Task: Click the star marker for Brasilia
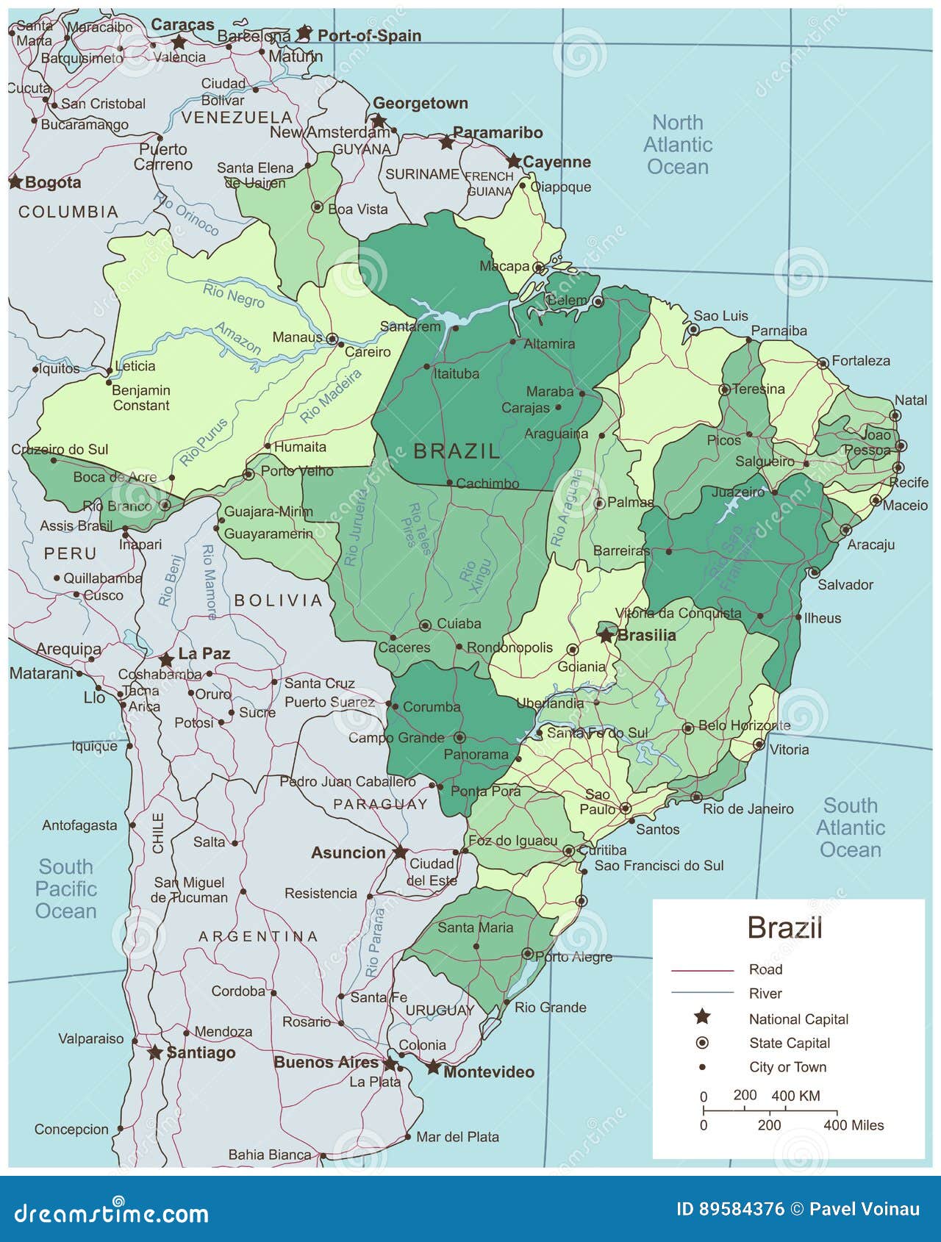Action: [x=605, y=635]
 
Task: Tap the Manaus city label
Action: [x=297, y=337]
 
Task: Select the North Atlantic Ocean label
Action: [x=677, y=145]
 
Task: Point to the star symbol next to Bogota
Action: [x=15, y=182]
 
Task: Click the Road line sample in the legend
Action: [x=702, y=971]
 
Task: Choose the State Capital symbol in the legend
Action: [x=702, y=1043]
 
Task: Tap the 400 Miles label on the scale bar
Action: [x=854, y=1125]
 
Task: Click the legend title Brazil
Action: [x=784, y=927]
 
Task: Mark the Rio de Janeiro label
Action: [x=748, y=809]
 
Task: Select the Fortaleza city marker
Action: [x=823, y=362]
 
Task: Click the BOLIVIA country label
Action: [x=279, y=600]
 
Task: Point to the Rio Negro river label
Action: [x=234, y=295]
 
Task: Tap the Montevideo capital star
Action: [x=433, y=1067]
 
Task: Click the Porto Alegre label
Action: [x=573, y=957]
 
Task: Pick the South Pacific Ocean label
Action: [x=66, y=889]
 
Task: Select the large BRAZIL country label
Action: [x=457, y=451]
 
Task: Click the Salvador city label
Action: [x=845, y=585]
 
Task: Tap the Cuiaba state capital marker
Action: [x=425, y=625]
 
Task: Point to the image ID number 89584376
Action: [x=730, y=1209]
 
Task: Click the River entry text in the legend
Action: [x=765, y=994]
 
